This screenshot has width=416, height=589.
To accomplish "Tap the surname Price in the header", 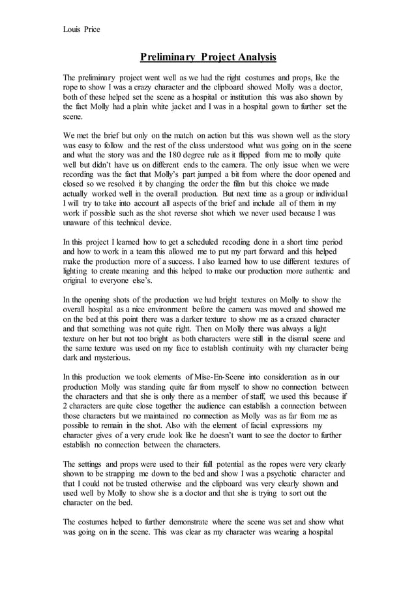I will pyautogui.click(x=91, y=29).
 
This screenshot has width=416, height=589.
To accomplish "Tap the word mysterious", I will pyautogui.click(x=105, y=358).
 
